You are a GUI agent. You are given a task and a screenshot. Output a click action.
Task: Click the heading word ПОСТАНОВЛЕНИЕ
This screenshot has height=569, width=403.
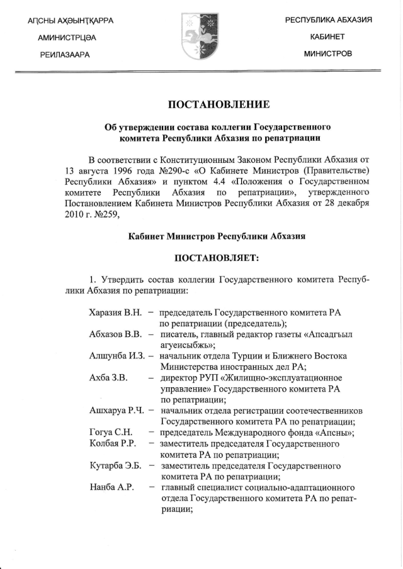coord(217,103)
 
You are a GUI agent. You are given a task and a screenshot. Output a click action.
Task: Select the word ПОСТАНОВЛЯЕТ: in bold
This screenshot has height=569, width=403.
coord(217,257)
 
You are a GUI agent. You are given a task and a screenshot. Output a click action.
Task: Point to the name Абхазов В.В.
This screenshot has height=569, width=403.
coord(116,333)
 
